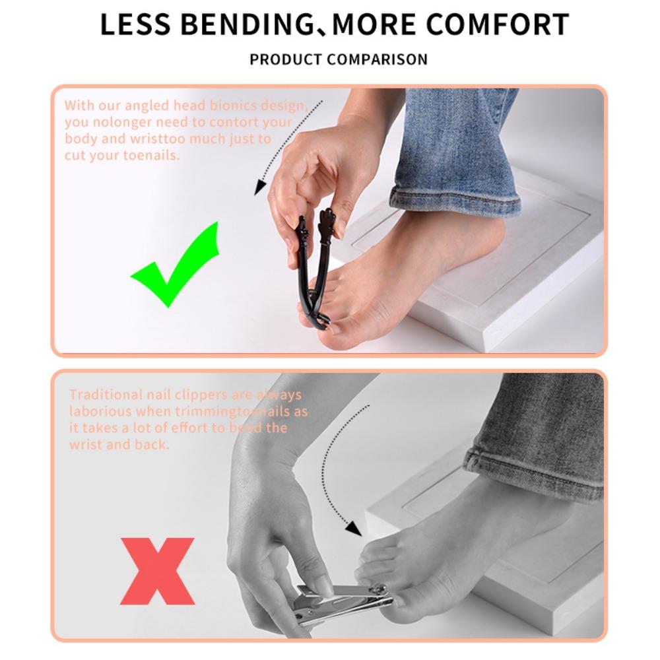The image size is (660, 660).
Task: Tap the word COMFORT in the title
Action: [x=497, y=25]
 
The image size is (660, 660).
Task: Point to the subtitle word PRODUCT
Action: [x=286, y=59]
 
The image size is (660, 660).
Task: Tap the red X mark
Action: [x=158, y=571]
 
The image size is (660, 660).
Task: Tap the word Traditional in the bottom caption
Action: [x=107, y=395]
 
